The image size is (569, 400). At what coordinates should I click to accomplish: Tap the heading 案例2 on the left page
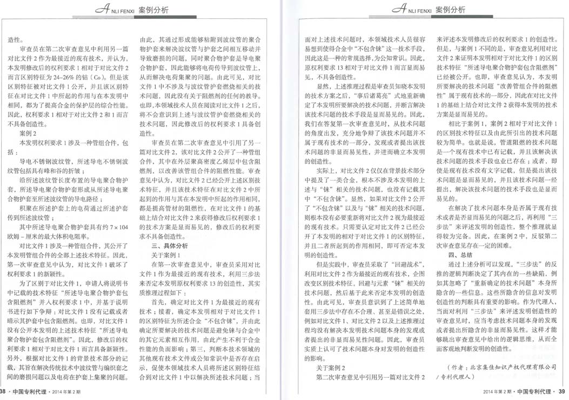click(28, 132)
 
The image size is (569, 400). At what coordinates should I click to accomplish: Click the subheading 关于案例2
click(330, 367)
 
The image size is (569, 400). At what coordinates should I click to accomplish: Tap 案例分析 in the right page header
click(450, 10)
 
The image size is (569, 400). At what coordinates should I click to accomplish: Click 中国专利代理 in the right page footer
click(535, 391)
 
